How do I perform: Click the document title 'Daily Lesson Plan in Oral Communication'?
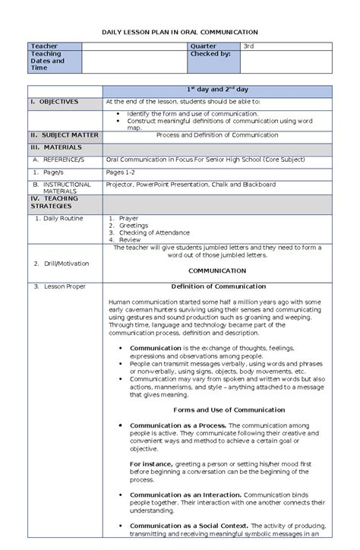point(180,33)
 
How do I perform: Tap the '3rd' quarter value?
point(248,47)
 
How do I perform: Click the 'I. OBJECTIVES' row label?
point(54,101)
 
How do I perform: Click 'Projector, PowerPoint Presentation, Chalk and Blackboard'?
point(191,184)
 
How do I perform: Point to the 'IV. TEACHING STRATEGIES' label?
point(53,202)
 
